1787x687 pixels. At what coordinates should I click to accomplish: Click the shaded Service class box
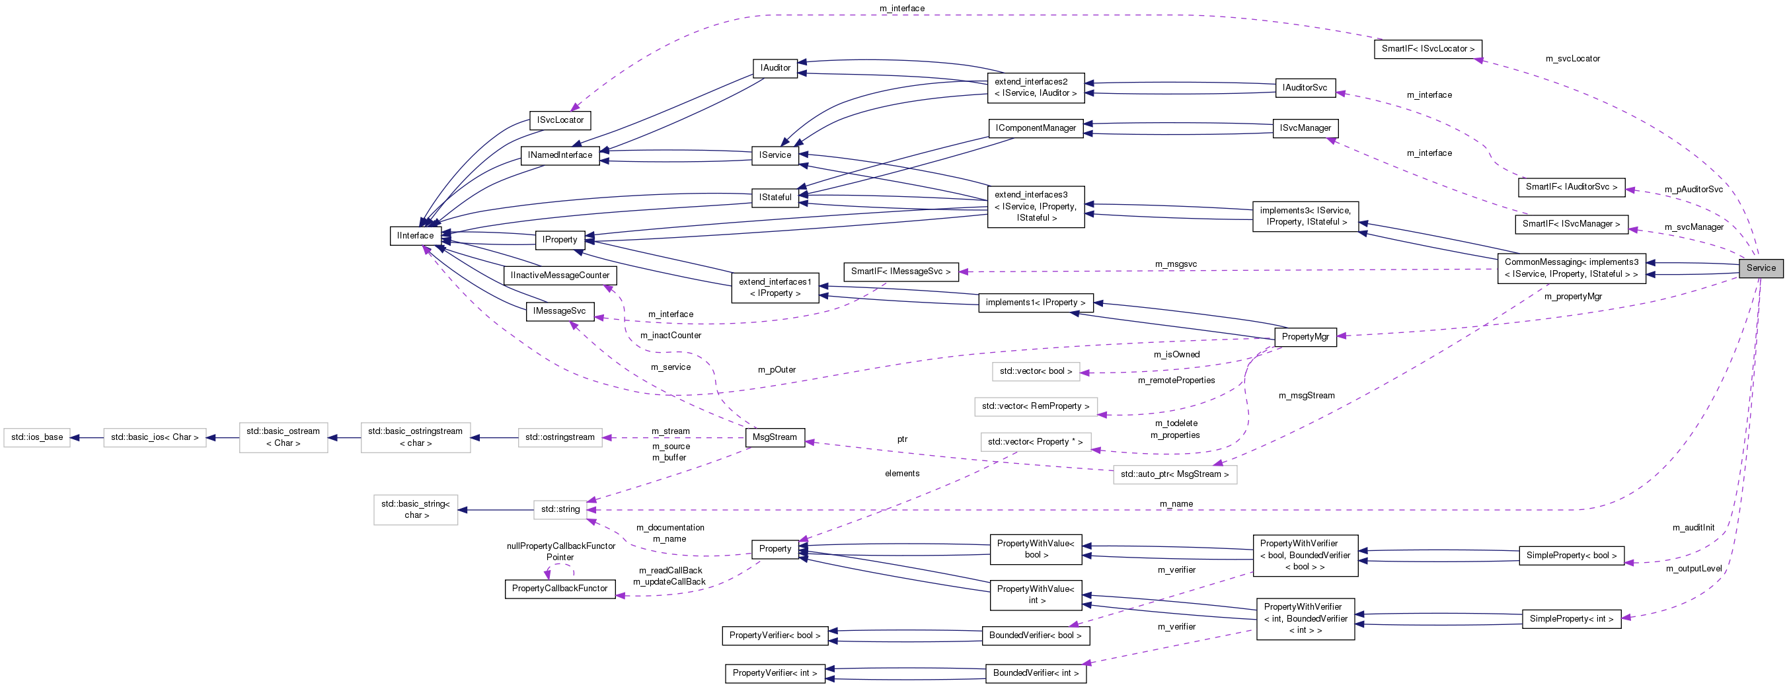pos(1761,268)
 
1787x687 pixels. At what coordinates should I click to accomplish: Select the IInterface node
pos(416,236)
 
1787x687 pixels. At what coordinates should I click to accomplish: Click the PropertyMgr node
pos(1305,337)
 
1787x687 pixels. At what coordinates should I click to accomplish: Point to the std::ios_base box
pos(37,437)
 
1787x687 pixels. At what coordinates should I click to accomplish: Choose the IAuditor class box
pos(775,68)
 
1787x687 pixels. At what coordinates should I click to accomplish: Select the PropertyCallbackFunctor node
pos(559,589)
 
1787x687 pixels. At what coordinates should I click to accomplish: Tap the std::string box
pos(560,509)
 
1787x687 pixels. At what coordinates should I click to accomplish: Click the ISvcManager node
pos(1305,128)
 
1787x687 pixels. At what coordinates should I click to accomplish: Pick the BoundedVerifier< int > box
pos(1035,673)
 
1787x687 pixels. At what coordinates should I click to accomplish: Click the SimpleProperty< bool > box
pos(1572,556)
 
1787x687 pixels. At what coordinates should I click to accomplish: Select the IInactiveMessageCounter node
pos(560,275)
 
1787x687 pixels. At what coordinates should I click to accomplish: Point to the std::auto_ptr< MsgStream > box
pos(1174,474)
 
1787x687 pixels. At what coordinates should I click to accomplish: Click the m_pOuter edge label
pos(777,370)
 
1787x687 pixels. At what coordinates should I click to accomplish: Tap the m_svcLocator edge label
pos(1572,59)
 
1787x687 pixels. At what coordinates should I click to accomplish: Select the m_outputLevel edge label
pos(1693,569)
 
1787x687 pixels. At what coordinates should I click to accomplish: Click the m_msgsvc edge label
pos(1175,264)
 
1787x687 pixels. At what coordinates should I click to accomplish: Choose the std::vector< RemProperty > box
pos(1035,406)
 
